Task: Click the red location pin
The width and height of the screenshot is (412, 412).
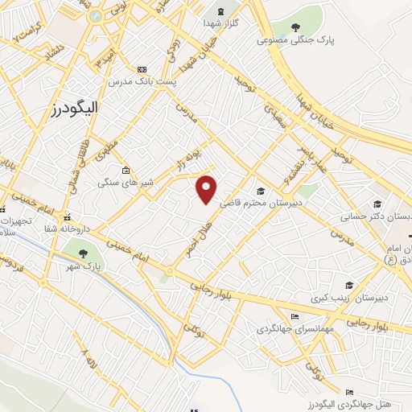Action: pyautogui.click(x=208, y=188)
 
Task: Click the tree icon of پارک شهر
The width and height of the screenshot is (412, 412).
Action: pyautogui.click(x=78, y=247)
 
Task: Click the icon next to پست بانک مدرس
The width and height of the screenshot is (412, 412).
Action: pyautogui.click(x=142, y=70)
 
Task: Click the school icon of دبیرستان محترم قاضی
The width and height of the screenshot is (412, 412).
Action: pyautogui.click(x=261, y=191)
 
